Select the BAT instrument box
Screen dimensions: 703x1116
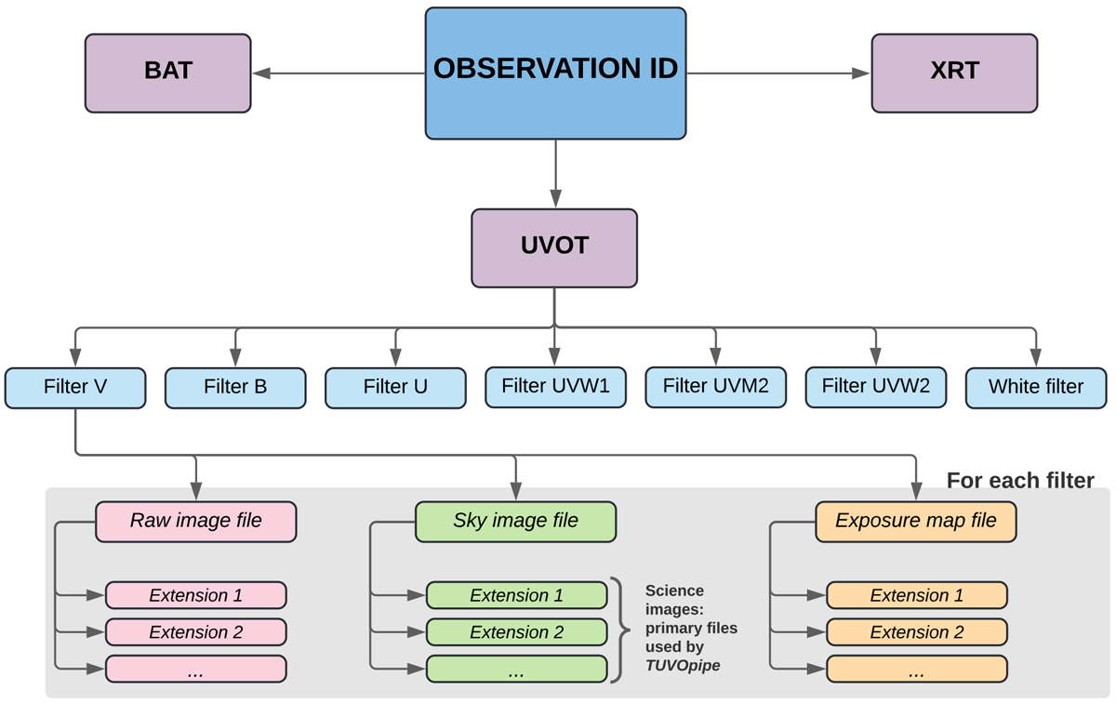[167, 73]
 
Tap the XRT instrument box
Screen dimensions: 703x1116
[954, 73]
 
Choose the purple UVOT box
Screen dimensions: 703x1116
[554, 247]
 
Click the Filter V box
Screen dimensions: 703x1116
[75, 388]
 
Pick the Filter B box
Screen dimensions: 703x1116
[235, 388]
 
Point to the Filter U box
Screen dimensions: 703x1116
[395, 388]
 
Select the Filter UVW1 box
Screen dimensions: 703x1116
[555, 387]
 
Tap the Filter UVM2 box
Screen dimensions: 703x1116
[715, 387]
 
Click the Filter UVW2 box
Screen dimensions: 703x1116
[875, 387]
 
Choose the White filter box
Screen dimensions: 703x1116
[1036, 388]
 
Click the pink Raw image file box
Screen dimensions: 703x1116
[195, 522]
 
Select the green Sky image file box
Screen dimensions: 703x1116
[515, 522]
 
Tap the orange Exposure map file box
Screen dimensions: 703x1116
[916, 522]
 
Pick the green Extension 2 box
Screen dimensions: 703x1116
[516, 632]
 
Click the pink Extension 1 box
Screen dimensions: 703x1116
[195, 595]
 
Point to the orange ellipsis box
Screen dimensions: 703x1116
[916, 669]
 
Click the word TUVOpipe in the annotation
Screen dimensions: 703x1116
[683, 665]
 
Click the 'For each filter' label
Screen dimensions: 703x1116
[1019, 481]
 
